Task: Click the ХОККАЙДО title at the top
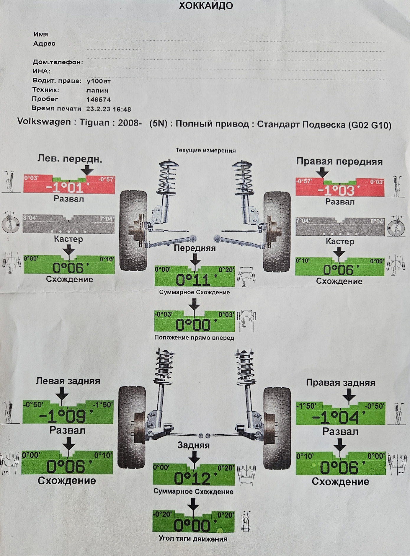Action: coord(205,6)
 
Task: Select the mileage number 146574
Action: coord(98,100)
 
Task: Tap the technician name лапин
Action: coord(97,90)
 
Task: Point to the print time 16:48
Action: coord(122,109)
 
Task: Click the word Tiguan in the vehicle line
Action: coord(94,123)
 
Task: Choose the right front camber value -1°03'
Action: coord(339,191)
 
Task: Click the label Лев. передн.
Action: coord(70,159)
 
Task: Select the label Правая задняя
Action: coord(340,383)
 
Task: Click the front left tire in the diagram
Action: coord(133,231)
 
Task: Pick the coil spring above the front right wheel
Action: coord(243,179)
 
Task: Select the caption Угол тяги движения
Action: coord(193,539)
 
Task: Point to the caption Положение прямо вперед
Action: coord(194,337)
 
